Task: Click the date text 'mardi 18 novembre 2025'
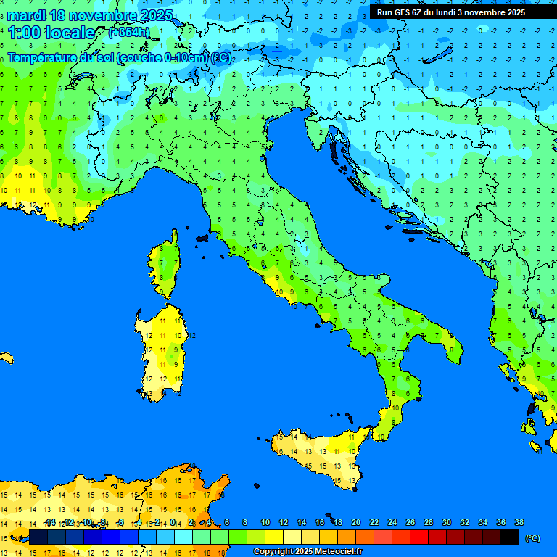click(90, 15)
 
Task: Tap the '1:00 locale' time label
click(51, 33)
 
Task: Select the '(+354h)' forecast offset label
click(128, 33)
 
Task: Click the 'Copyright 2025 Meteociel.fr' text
click(308, 552)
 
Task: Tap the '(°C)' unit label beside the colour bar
click(532, 538)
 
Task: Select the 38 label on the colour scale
click(519, 522)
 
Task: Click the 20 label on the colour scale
click(355, 522)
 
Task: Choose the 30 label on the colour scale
click(446, 522)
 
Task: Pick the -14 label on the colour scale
click(49, 522)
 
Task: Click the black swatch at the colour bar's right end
click(510, 537)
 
